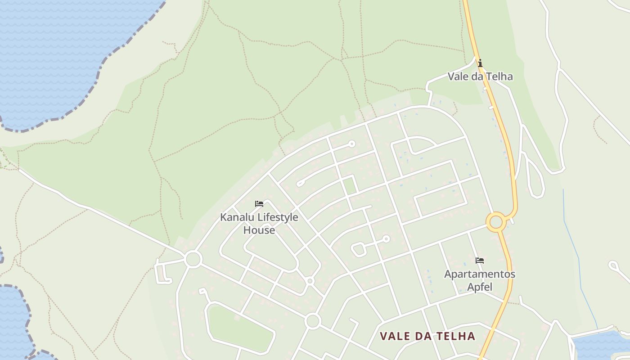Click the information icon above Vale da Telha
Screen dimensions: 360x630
click(480, 63)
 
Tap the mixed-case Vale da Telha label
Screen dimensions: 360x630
click(480, 76)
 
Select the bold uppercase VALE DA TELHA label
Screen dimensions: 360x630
click(427, 336)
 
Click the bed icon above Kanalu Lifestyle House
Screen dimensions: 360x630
click(259, 204)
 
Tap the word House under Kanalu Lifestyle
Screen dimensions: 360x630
click(259, 230)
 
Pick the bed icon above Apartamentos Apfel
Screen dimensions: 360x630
click(480, 261)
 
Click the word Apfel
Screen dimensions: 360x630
click(480, 287)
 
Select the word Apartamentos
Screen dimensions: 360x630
click(480, 274)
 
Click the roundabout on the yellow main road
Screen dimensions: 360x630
click(496, 222)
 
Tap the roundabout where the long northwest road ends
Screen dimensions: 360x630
click(193, 259)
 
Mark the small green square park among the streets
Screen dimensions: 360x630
click(350, 186)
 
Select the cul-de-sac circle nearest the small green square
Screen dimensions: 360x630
click(352, 144)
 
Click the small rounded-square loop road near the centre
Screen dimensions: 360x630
click(359, 249)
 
